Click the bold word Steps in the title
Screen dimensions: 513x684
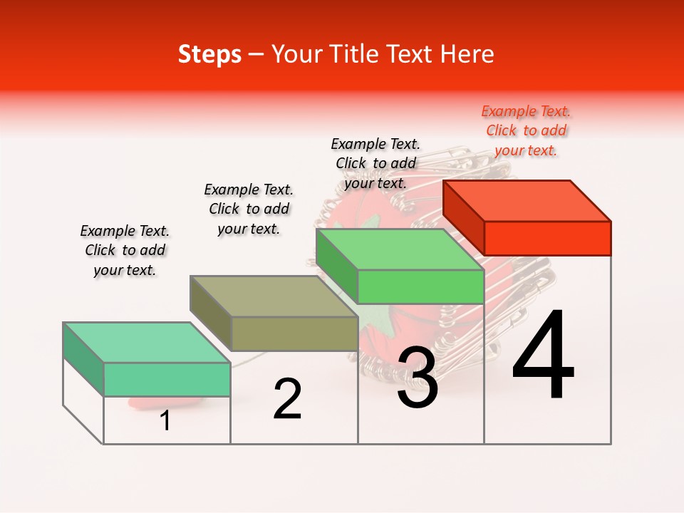coord(209,54)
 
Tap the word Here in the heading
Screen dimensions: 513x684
coord(467,54)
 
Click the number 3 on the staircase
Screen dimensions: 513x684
coord(418,378)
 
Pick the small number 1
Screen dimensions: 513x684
coord(165,420)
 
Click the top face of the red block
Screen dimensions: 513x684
coord(527,201)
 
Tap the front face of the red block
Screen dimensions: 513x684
coord(547,238)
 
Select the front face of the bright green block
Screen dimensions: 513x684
coord(420,286)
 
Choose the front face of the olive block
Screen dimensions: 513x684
coord(294,333)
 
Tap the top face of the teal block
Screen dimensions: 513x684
coord(147,343)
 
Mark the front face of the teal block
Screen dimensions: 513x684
coord(167,379)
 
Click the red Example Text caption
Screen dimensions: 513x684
coord(526,131)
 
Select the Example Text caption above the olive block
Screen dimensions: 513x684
coord(249,209)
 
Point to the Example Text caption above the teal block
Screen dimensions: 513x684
coord(125,250)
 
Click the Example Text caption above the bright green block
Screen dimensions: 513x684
coord(375,163)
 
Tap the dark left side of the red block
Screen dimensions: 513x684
coord(463,217)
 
